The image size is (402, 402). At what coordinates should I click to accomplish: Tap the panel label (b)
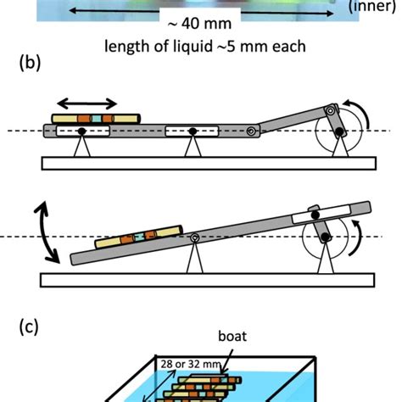32,64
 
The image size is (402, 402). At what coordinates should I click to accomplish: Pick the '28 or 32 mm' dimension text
187,364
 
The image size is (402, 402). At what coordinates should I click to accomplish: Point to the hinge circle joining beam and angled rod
251,131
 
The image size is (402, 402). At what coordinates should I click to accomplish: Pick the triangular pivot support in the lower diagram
198,258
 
